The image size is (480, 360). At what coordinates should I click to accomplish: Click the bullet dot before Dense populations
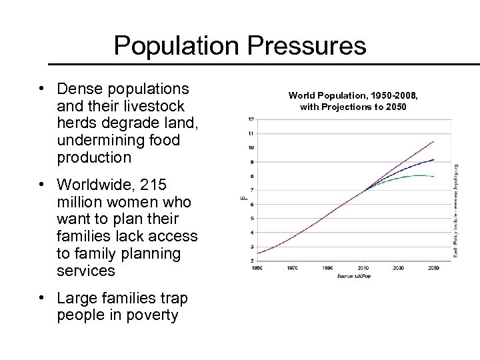pyautogui.click(x=41, y=89)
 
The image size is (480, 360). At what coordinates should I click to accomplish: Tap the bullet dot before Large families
pyautogui.click(x=41, y=297)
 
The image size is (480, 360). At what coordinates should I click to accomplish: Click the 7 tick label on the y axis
pyautogui.click(x=250, y=190)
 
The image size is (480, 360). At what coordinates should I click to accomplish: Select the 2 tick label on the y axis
pyautogui.click(x=250, y=261)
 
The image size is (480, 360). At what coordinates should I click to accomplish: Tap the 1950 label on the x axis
pyautogui.click(x=257, y=268)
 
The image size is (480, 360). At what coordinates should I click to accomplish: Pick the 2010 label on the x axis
pyautogui.click(x=363, y=268)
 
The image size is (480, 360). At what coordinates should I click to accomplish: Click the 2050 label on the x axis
pyautogui.click(x=434, y=268)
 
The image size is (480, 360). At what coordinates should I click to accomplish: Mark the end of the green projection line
pyautogui.click(x=434, y=177)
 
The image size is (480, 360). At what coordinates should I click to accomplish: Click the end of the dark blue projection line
pyautogui.click(x=434, y=160)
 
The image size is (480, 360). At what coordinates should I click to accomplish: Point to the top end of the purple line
pyautogui.click(x=434, y=141)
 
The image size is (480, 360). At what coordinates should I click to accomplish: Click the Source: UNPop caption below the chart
pyautogui.click(x=354, y=275)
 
